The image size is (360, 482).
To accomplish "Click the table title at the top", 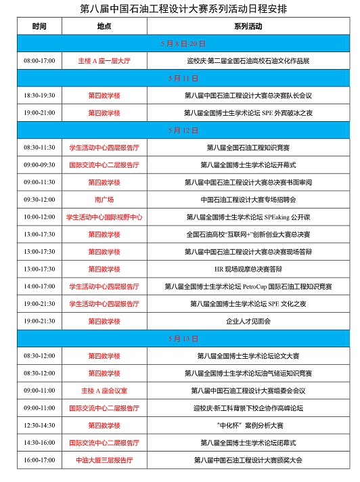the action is coord(180,9).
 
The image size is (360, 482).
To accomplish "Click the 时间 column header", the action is coord(40,26).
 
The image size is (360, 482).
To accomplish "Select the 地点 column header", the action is coord(104,26).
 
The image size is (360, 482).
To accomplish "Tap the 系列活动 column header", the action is coord(251,26).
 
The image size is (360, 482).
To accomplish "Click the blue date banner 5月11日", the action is coord(180,78).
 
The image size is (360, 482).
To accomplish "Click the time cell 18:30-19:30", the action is coord(40,95).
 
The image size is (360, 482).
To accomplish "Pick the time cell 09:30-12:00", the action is coord(40,200).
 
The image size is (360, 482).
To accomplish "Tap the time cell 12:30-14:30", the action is coord(40,425).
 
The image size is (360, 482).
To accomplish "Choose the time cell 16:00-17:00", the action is coord(40,460).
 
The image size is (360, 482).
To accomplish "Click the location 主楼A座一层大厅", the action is coord(104,61).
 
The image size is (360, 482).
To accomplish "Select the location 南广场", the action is coord(104,200).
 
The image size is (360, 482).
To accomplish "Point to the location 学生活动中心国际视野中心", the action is coord(104,217).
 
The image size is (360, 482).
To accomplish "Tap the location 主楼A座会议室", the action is coord(104,391).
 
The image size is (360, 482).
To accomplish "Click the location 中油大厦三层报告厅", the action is coord(104,460).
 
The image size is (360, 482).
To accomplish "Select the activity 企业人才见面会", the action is coord(251,321).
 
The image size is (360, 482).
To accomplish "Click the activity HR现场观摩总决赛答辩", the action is coord(251,269).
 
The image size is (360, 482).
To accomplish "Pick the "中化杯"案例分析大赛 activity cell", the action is coord(251,425).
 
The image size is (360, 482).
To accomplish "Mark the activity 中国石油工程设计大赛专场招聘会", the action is coord(251,200).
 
